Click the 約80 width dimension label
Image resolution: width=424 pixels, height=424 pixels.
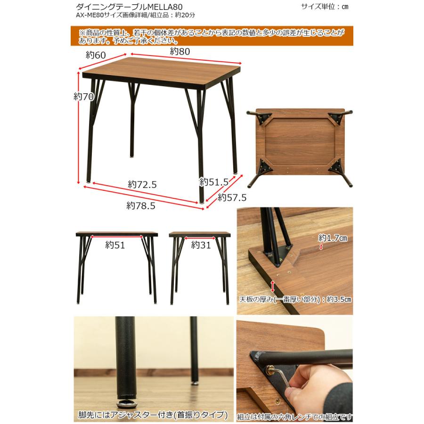click(x=180, y=52)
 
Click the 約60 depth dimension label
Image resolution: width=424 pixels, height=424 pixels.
click(x=96, y=55)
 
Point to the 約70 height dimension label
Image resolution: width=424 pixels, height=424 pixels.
click(x=84, y=96)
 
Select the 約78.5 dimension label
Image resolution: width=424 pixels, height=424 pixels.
click(x=141, y=205)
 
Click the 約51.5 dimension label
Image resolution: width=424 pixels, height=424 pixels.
click(x=214, y=182)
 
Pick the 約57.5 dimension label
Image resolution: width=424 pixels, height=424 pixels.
click(x=232, y=198)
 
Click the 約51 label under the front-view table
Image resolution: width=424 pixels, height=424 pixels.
click(x=115, y=245)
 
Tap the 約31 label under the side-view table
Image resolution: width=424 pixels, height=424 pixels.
click(x=201, y=245)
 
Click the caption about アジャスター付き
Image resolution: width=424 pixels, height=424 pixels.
click(x=153, y=415)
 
